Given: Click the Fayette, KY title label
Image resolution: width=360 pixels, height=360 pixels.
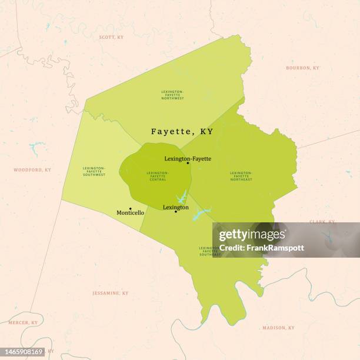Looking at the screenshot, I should pos(182,132).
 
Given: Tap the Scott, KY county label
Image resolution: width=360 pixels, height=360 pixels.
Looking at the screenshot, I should pos(111,37).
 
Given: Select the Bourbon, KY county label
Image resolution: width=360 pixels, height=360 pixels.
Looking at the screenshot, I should pos(302,68).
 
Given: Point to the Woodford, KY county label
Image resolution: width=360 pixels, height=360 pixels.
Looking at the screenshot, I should pos(32,170).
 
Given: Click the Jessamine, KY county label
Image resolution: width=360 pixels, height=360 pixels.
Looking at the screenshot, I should pos(110,293).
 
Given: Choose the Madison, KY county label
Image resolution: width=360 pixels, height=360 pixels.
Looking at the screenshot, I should pos(278,328).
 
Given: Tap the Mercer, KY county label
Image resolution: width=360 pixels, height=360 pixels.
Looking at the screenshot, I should pos(22,323).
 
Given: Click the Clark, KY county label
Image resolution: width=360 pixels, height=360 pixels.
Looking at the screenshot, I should pos(322,222).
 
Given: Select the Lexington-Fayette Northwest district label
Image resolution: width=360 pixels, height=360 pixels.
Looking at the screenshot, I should pos(172,95).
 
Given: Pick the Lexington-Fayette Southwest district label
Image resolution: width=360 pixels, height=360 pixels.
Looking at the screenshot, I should pos(94,171).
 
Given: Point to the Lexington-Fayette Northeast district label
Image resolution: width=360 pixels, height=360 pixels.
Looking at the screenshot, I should pos(241,176).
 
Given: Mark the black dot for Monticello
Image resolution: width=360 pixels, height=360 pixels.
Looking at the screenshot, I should pos(130,208).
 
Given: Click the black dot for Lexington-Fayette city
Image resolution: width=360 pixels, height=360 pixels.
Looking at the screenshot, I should pos(188,163).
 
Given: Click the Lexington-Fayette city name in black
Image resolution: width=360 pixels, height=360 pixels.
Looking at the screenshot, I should pos(188,159).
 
